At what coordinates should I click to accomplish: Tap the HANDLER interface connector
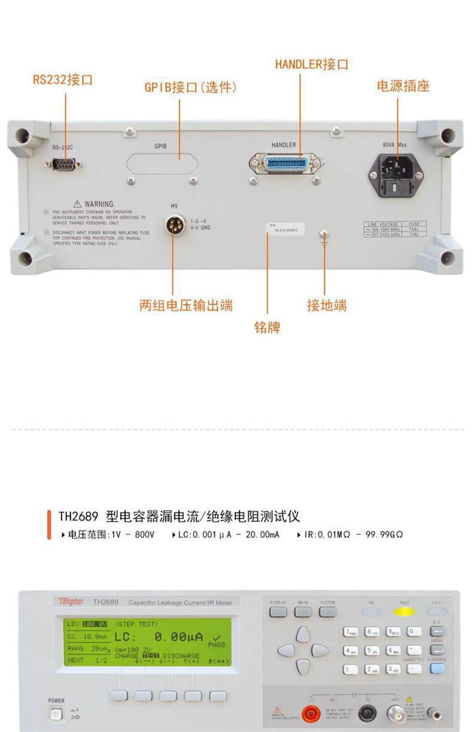point(286,163)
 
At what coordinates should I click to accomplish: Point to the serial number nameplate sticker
point(286,229)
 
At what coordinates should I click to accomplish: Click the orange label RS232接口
point(63,80)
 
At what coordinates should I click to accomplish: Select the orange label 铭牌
point(267,327)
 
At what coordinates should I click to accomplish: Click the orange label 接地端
point(326,305)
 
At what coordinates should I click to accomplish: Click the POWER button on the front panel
point(56,714)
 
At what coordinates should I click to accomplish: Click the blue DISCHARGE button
point(437,669)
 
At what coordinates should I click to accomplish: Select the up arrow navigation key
point(303,634)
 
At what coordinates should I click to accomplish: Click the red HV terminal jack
point(311,713)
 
